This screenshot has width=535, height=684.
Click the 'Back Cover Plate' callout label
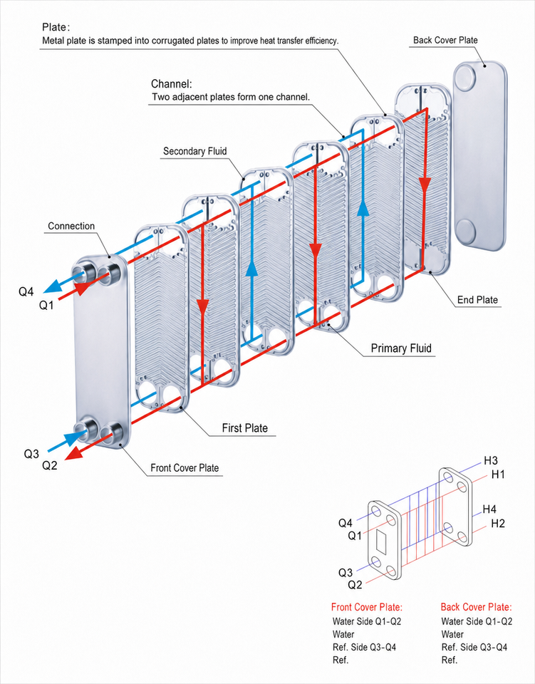(445, 40)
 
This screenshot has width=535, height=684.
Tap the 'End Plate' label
(477, 300)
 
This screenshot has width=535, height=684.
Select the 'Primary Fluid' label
(401, 348)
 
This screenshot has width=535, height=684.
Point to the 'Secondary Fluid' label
(195, 151)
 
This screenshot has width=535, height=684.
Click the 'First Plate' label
(244, 428)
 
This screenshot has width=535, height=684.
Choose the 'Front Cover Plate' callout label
(185, 468)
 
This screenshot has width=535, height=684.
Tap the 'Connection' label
(71, 226)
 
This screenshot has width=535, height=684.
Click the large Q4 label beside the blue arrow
(26, 291)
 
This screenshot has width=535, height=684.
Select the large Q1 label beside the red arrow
(46, 306)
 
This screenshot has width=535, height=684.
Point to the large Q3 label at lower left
(31, 454)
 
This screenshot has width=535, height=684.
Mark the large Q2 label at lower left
(49, 465)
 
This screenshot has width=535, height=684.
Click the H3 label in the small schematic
(491, 461)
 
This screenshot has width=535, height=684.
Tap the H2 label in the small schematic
(497, 524)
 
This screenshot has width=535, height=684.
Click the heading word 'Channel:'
(172, 84)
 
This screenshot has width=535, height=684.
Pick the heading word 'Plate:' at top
(56, 27)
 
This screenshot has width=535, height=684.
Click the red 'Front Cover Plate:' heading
(367, 607)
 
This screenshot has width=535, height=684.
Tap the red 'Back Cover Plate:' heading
(476, 607)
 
